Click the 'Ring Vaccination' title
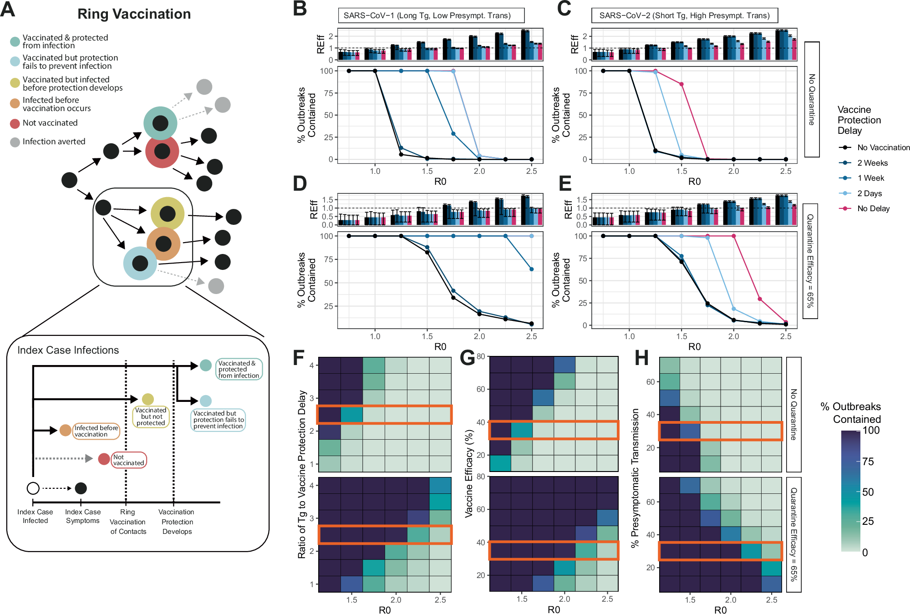point(134,14)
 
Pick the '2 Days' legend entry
point(869,193)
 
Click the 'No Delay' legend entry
point(873,208)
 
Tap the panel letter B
point(300,9)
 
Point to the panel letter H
point(641,358)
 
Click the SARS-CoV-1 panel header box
point(431,15)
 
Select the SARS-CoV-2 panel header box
point(684,15)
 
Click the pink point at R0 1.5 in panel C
point(681,84)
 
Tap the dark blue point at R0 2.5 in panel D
point(532,269)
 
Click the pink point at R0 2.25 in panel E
point(760,299)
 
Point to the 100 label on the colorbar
point(871,431)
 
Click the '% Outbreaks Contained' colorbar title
point(850,413)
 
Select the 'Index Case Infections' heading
point(68,350)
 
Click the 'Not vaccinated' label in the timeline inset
point(128,460)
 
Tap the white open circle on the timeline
point(33,488)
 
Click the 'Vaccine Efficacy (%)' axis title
point(468,474)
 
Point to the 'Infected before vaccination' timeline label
point(96,431)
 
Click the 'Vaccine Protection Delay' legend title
point(859,120)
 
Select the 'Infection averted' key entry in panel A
point(54,142)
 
